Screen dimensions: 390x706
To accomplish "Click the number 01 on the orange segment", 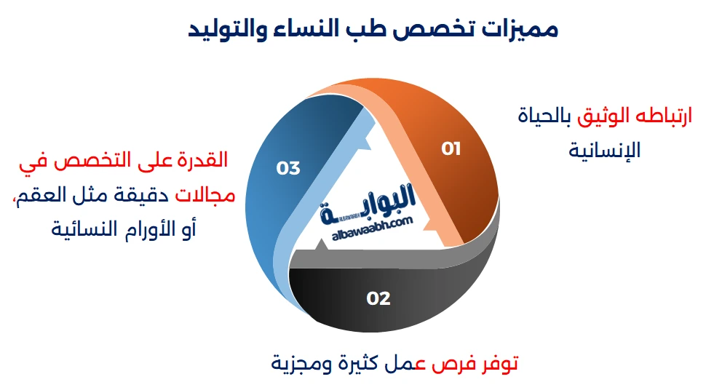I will (x=451, y=148).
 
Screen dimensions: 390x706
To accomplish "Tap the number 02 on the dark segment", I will (x=378, y=298).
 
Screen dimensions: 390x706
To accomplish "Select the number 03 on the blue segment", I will (x=288, y=168).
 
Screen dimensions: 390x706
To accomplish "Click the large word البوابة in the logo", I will (x=371, y=201).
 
